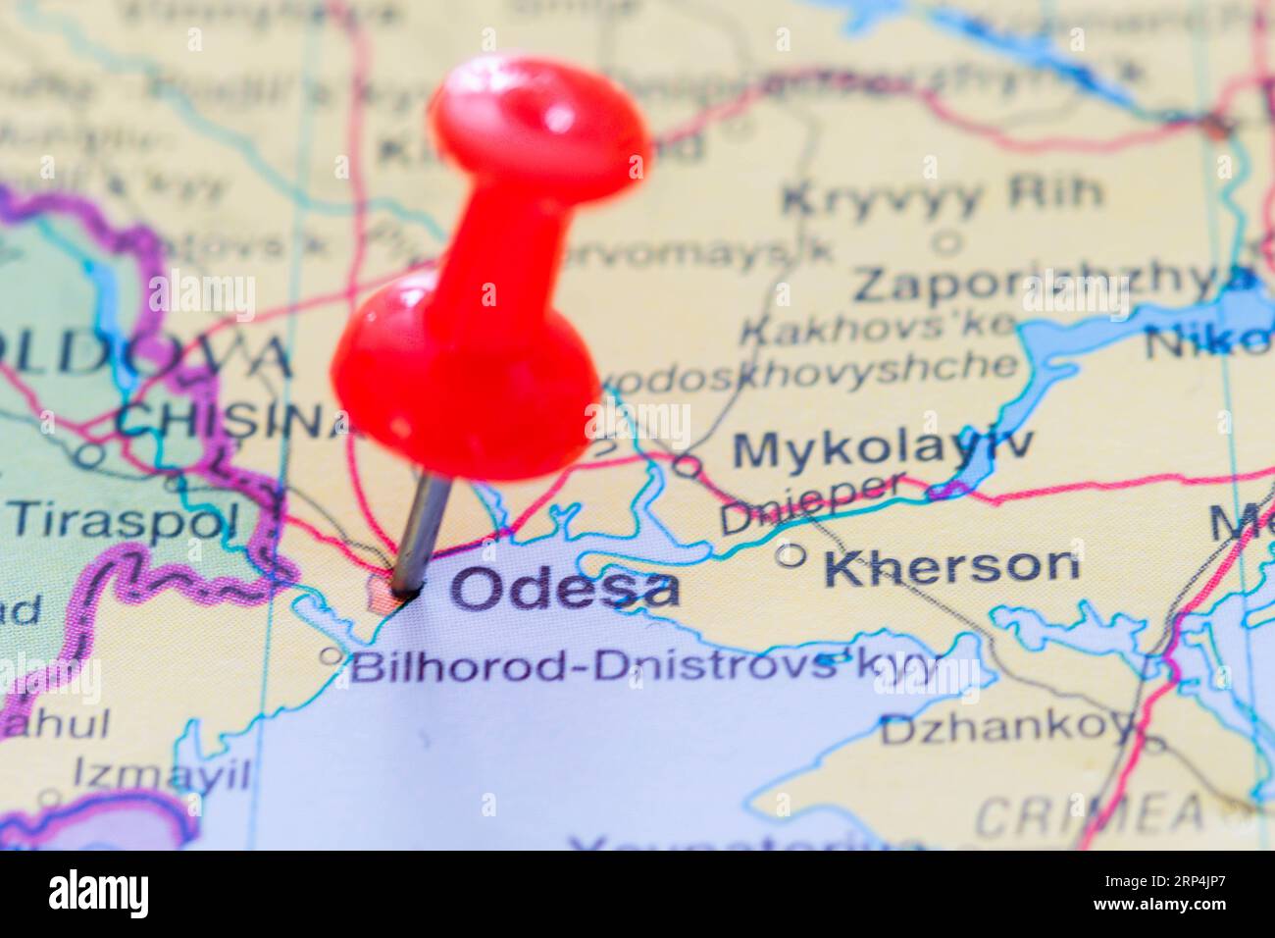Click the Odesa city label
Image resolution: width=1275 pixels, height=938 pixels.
[564, 589]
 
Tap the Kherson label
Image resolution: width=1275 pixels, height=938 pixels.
[950, 566]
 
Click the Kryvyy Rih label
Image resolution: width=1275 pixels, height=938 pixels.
[942, 196]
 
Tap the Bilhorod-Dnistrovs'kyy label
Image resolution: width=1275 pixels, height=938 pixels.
[643, 667]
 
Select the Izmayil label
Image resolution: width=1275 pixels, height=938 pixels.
[162, 775]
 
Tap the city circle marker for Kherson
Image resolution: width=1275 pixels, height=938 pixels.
[790, 556]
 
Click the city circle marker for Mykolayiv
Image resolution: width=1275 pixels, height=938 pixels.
[688, 466]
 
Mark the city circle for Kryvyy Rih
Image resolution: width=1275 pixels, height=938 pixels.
[947, 240]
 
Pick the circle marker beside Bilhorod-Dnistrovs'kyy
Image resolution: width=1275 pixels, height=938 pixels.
[332, 654]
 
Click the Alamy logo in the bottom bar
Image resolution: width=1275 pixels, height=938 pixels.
[98, 894]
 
